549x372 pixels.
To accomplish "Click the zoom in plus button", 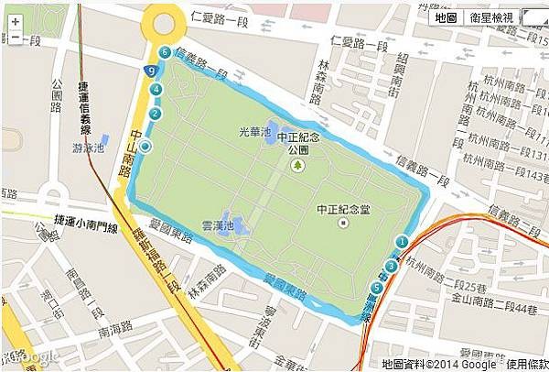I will pyautogui.click(x=15, y=20).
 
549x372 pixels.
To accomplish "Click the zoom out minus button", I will pyautogui.click(x=15, y=37).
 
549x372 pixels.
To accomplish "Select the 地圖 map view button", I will pyautogui.click(x=446, y=17).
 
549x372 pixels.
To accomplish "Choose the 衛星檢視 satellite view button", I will pyautogui.click(x=492, y=17).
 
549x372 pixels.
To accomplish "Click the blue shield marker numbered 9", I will pyautogui.click(x=150, y=71).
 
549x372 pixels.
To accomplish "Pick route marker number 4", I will pyautogui.click(x=156, y=89).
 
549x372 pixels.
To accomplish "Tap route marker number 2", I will pyautogui.click(x=156, y=114).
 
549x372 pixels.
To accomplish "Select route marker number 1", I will pyautogui.click(x=401, y=242).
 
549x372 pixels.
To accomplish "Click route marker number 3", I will pyautogui.click(x=391, y=266).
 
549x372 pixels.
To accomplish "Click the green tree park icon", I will pyautogui.click(x=297, y=165).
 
